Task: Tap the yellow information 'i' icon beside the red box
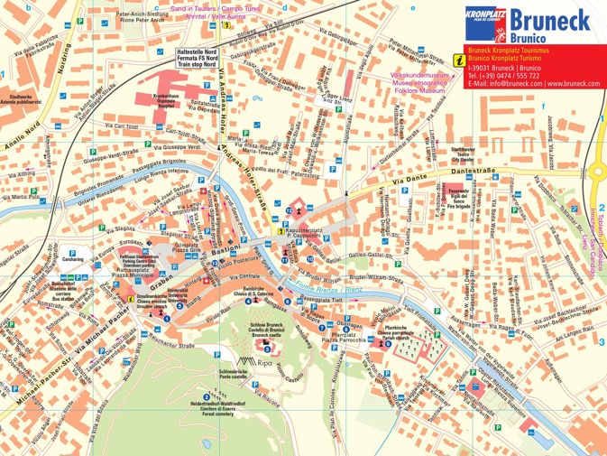click(x=459, y=60)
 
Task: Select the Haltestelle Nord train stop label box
click(x=197, y=59)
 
